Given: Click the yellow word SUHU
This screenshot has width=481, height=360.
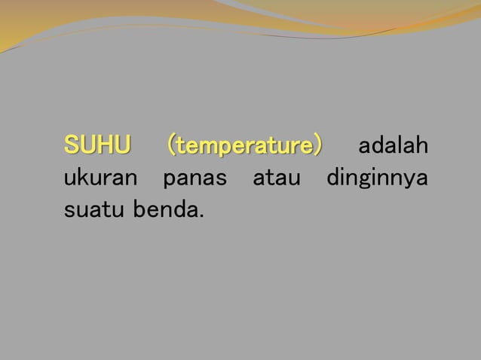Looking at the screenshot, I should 97,144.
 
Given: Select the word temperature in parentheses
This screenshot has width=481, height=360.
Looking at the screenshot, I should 245,144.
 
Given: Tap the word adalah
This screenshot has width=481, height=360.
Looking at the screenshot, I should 392,144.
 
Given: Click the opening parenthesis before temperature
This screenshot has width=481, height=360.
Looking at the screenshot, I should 173,144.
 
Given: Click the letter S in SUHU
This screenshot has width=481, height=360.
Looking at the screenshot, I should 71,144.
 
